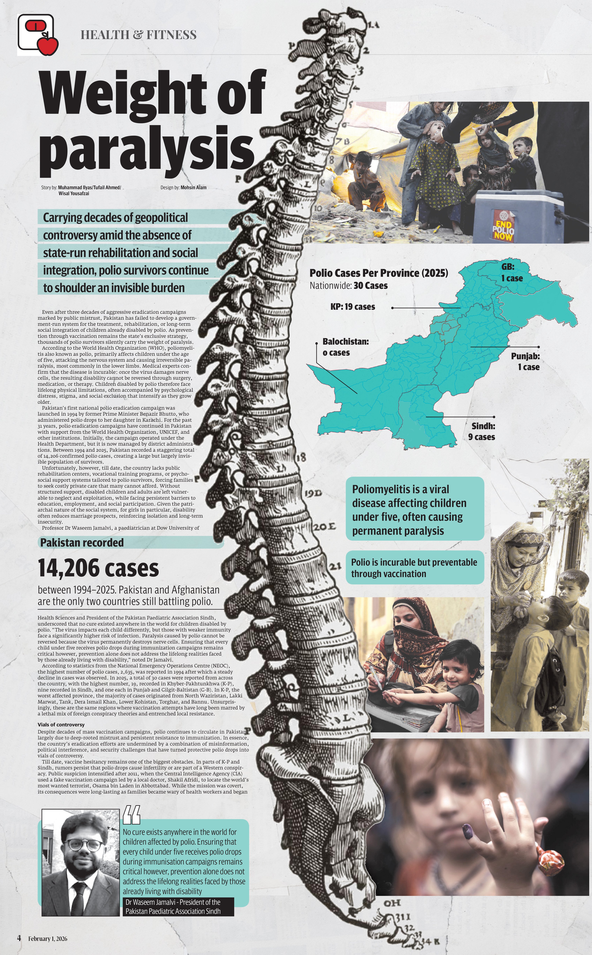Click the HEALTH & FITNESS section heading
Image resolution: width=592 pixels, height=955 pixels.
(138, 35)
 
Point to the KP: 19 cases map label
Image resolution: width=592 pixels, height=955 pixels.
(352, 307)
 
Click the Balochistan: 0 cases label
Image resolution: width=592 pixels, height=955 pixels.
(345, 347)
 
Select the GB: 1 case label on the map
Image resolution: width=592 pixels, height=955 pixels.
(512, 273)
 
